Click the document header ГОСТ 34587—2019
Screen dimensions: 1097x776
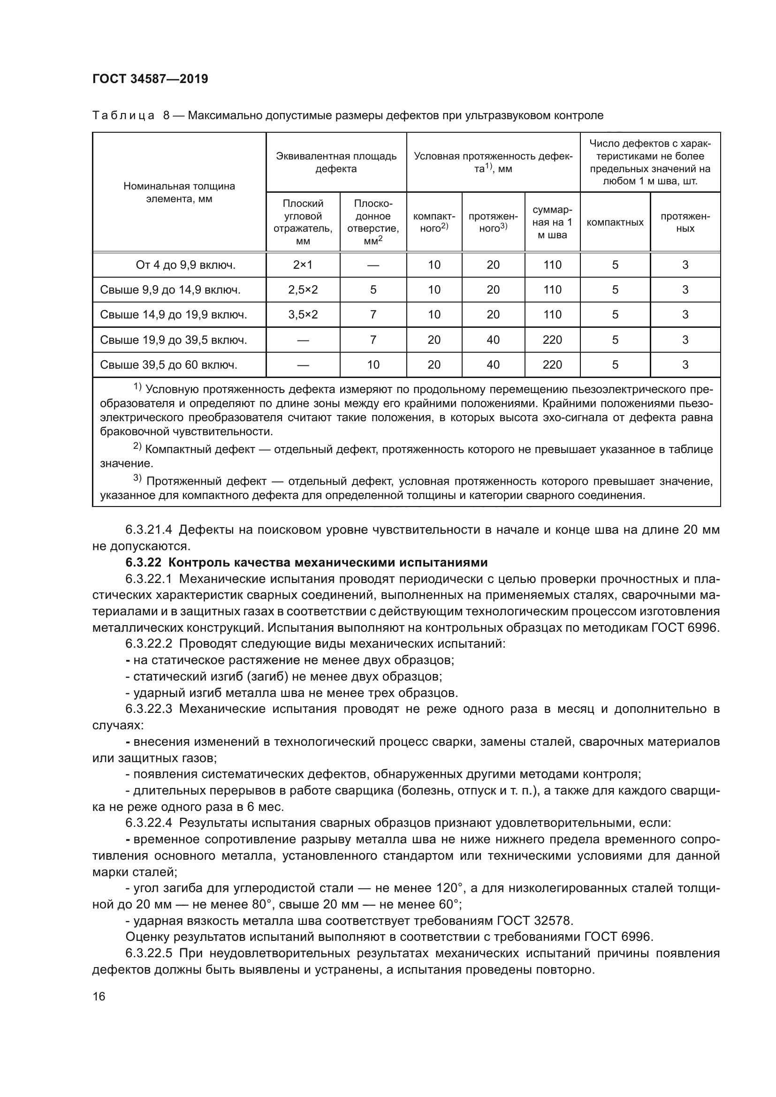tap(150, 79)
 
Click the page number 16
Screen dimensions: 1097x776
tap(99, 997)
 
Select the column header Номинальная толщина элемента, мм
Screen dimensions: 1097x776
tap(179, 193)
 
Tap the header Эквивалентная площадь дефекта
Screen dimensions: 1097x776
tap(336, 162)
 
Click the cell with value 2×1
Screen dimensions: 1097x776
tap(303, 265)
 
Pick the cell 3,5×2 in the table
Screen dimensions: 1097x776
tap(303, 314)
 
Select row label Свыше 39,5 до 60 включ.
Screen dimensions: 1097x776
tap(169, 365)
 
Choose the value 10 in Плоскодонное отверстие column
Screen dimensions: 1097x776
tap(373, 365)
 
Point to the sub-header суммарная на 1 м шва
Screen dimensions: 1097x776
tap(552, 222)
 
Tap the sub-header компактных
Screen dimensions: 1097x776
tap(615, 222)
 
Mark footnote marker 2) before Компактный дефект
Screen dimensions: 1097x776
tap(137, 447)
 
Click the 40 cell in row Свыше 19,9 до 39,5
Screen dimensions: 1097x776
tap(493, 340)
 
